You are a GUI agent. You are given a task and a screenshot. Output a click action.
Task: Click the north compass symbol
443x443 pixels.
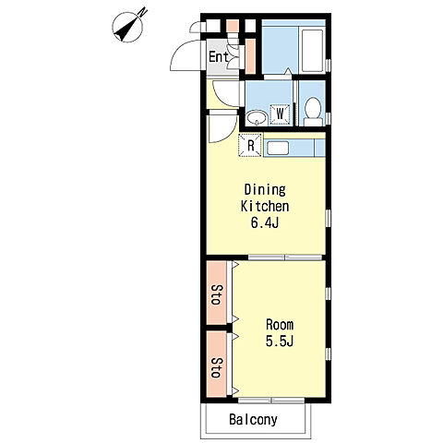[128, 27]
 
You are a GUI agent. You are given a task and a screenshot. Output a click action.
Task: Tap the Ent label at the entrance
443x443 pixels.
[219, 57]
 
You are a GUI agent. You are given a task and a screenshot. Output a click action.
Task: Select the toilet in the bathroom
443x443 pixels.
[313, 112]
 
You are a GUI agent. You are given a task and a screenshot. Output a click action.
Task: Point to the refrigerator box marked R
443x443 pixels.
[250, 145]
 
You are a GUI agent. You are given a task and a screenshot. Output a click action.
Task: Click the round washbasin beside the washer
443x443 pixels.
[257, 118]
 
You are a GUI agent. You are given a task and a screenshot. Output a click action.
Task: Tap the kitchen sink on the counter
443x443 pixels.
[278, 149]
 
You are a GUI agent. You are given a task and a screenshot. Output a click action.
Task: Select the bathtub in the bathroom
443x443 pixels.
[312, 51]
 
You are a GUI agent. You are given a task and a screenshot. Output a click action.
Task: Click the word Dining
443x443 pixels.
[265, 190]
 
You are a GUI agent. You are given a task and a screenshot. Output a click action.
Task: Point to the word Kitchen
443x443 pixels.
[265, 207]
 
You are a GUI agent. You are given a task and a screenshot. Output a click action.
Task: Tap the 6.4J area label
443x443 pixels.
[265, 222]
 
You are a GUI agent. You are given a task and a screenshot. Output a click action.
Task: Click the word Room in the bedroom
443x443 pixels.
[280, 325]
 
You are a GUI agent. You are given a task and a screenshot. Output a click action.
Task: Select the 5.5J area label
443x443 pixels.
[280, 341]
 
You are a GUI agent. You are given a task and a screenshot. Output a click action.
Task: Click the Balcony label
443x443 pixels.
[253, 420]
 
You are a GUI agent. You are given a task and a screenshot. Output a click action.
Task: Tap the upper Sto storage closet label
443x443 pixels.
[217, 294]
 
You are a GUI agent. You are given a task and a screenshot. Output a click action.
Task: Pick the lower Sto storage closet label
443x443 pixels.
[217, 367]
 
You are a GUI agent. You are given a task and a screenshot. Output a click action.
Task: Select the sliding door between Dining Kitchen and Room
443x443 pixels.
[285, 257]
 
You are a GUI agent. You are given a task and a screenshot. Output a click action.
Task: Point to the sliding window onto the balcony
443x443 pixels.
[271, 401]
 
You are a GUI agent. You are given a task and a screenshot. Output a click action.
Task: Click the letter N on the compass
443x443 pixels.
[142, 12]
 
